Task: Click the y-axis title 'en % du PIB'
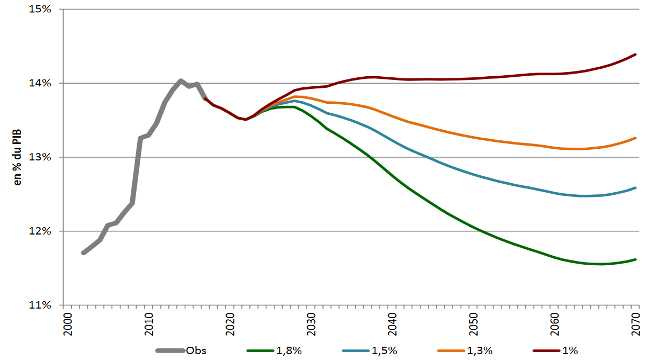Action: point(17,157)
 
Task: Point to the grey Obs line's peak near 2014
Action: point(181,80)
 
